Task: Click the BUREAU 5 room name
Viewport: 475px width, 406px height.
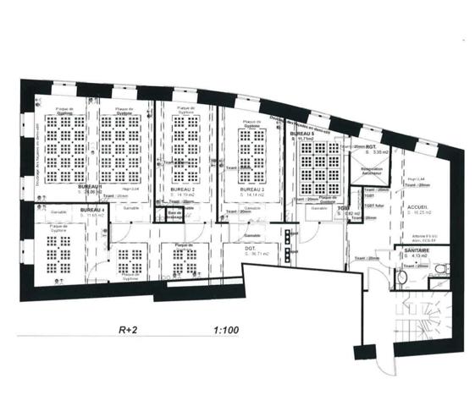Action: click(301, 134)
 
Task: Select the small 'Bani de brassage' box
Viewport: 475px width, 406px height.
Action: click(174, 217)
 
